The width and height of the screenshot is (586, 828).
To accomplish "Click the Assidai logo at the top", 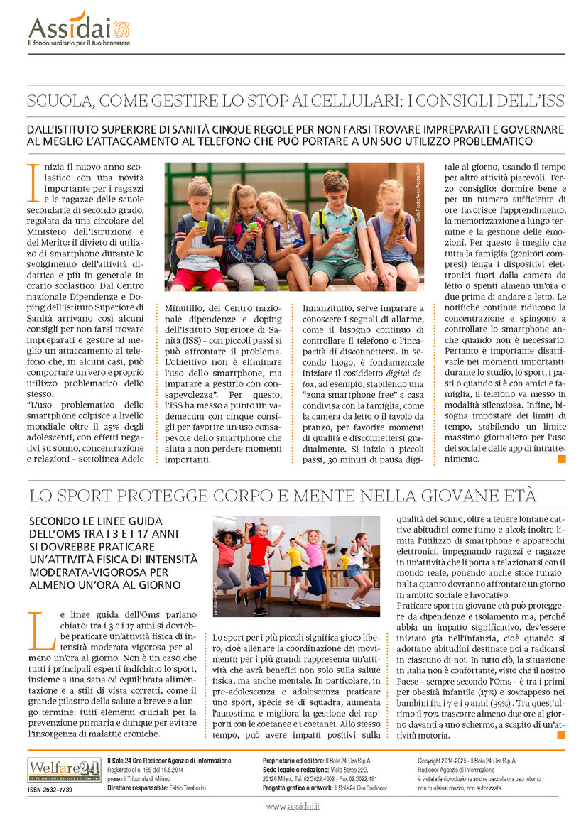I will click(x=79, y=28).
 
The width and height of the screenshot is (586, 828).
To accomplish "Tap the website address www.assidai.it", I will click(x=293, y=806).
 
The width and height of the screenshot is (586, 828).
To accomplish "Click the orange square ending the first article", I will click(x=561, y=459).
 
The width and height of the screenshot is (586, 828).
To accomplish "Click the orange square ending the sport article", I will click(x=561, y=734).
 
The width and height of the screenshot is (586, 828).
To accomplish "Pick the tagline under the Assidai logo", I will click(x=79, y=44).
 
